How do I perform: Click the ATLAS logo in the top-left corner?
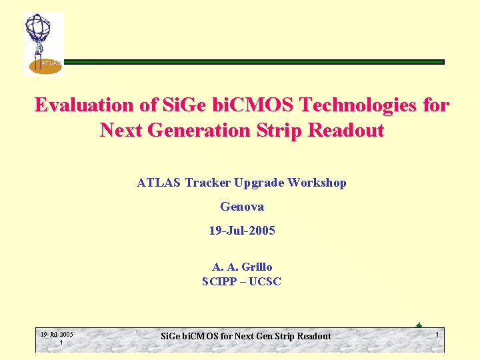(43, 43)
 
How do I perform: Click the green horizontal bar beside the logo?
(253, 62)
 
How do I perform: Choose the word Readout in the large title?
(347, 131)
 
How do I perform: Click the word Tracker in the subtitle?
(211, 182)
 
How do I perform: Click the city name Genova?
(241, 207)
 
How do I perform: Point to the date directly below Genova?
(241, 231)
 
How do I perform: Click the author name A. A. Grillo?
(241, 267)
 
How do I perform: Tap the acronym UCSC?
(265, 281)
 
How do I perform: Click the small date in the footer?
(57, 335)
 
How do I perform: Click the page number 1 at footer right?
(437, 334)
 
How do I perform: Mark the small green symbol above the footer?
(418, 325)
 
